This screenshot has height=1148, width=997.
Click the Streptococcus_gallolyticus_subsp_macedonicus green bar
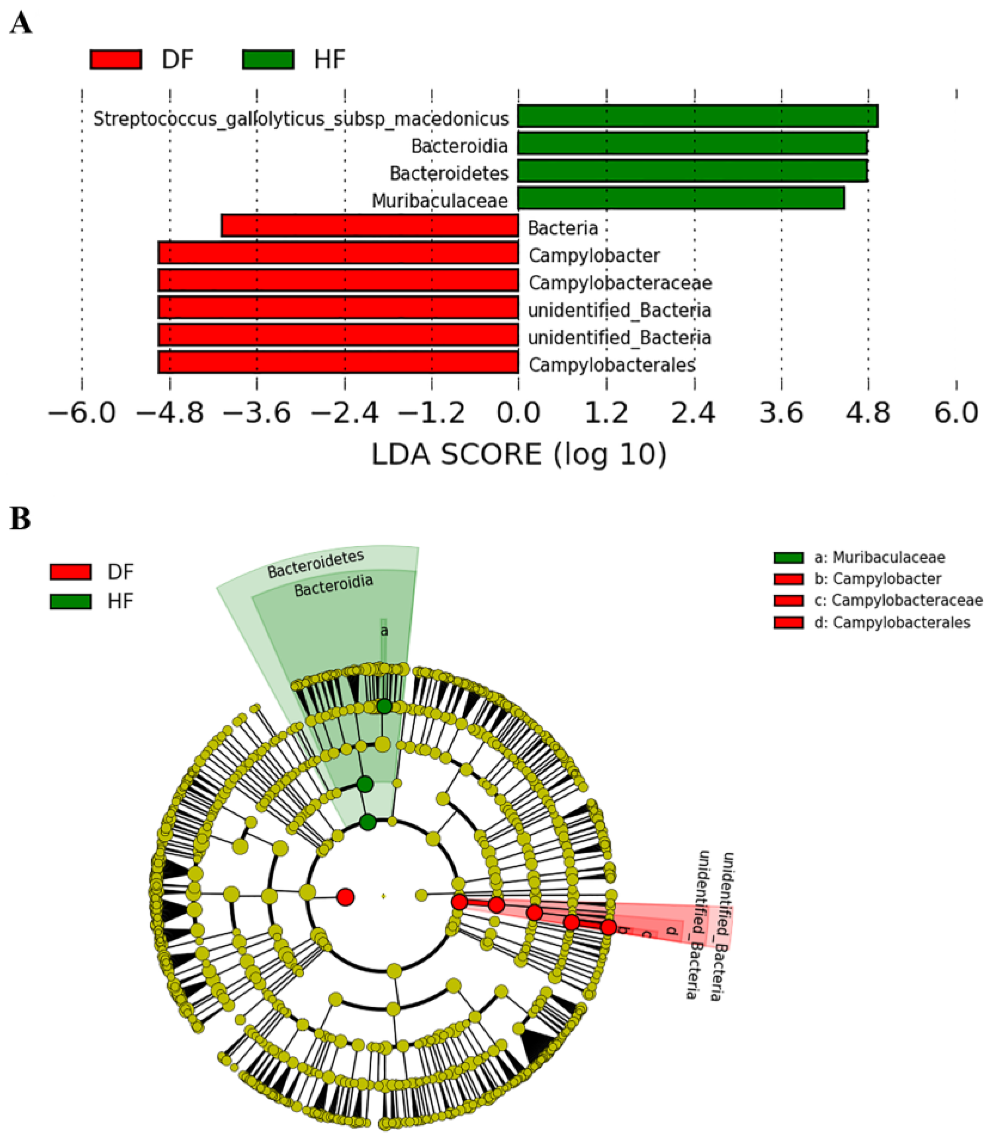coord(697,116)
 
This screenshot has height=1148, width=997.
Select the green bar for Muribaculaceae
coord(680,198)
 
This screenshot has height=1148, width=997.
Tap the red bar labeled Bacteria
coord(369,226)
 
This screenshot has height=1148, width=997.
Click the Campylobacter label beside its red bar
coord(594,256)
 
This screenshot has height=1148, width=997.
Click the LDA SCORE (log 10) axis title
coord(518,455)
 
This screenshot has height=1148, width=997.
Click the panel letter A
coord(21,24)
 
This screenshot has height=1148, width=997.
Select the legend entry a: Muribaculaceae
coord(879,557)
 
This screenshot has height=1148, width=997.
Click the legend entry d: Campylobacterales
coord(892,622)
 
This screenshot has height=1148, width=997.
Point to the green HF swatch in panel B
coord(70,601)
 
